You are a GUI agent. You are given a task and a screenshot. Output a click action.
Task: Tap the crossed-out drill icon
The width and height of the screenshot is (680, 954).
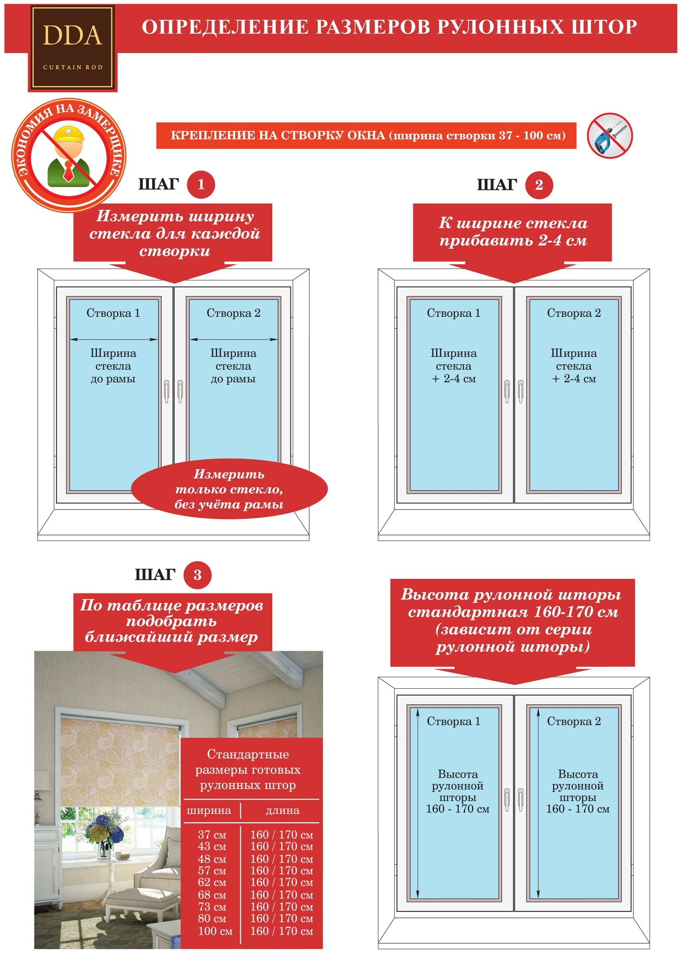(x=609, y=135)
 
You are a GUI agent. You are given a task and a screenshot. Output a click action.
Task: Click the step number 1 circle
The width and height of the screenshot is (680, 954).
(x=201, y=185)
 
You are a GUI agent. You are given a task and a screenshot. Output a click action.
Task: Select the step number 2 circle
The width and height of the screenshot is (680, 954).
(x=539, y=185)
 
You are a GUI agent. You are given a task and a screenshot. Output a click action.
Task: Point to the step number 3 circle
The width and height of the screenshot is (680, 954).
(x=197, y=575)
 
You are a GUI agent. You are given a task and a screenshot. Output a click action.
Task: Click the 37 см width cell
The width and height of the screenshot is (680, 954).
(x=212, y=835)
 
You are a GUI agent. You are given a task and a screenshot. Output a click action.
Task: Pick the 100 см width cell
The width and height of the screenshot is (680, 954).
(x=215, y=931)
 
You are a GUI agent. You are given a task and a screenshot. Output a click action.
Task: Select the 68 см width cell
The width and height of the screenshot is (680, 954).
(x=212, y=895)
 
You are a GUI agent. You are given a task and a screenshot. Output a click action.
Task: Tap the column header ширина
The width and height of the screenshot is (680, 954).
(x=209, y=810)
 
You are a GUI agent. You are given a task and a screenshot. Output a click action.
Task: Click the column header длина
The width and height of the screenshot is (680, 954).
(x=283, y=810)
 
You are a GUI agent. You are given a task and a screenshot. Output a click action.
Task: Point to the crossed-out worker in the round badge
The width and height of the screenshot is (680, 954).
(x=69, y=156)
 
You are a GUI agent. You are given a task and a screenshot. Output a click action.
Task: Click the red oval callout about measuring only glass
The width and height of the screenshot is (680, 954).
(x=229, y=489)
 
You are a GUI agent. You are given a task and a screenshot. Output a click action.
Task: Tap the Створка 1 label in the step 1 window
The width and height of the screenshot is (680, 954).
(x=113, y=313)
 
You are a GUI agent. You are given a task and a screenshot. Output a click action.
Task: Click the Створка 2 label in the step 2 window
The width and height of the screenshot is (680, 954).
(x=574, y=313)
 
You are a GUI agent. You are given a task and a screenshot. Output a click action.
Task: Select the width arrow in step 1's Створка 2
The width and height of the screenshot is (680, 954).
(x=233, y=340)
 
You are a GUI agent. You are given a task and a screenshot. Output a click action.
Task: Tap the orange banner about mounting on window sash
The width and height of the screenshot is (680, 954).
(x=366, y=135)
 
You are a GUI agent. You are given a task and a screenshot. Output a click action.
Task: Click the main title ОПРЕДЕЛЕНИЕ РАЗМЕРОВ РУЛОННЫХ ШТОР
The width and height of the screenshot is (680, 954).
(x=389, y=27)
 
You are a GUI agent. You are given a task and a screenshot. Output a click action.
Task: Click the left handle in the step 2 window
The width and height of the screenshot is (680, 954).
(x=507, y=392)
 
